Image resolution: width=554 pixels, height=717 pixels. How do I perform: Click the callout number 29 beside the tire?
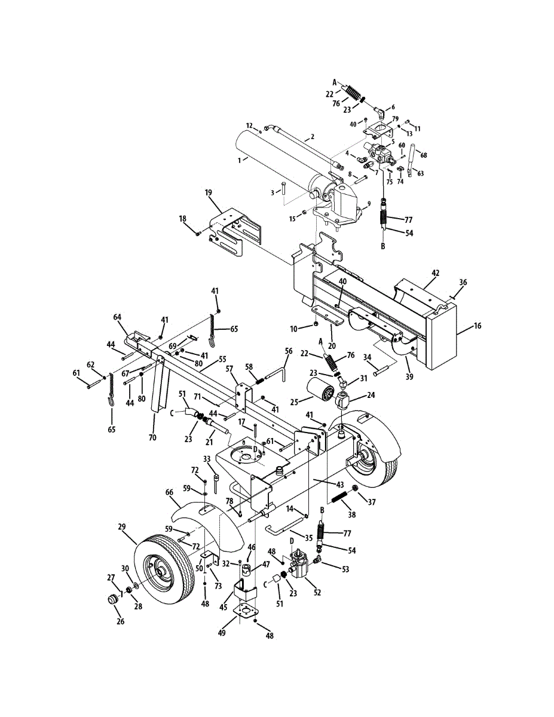pos(122,528)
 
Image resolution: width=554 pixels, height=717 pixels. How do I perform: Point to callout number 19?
pos(208,193)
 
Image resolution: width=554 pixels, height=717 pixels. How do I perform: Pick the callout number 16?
pos(476,326)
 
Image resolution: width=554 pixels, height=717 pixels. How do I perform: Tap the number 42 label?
pos(436,273)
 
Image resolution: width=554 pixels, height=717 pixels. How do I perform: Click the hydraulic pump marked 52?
pos(301,564)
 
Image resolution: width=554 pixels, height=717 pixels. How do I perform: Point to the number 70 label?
pos(152,437)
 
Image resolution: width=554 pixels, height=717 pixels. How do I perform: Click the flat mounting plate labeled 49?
pos(246,612)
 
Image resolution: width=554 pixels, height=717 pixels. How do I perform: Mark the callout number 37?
pos(372,502)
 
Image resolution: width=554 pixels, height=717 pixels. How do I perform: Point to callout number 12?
pos(249,125)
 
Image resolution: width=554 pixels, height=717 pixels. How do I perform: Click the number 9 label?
pos(369,204)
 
